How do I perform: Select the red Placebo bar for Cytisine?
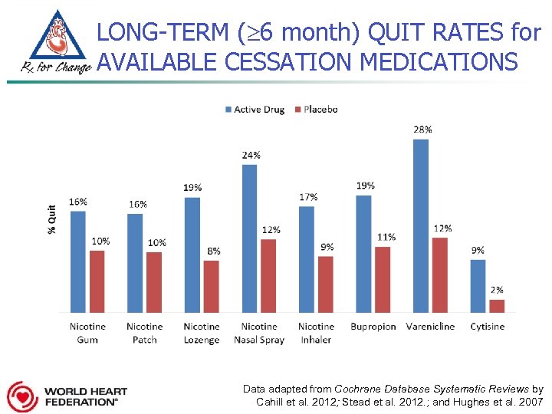497,305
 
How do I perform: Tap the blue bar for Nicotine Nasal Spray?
249,238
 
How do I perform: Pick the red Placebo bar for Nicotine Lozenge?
211,286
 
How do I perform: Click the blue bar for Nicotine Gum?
78,261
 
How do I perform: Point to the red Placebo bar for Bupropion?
383,279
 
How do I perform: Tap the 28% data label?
422,130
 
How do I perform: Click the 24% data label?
251,155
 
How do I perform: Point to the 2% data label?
497,290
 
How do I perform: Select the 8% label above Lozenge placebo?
214,251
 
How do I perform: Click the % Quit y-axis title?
51,219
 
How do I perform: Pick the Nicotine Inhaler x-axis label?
316,333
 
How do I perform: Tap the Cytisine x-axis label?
488,327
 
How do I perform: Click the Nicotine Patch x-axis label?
144,333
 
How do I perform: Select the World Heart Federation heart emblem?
21,396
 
